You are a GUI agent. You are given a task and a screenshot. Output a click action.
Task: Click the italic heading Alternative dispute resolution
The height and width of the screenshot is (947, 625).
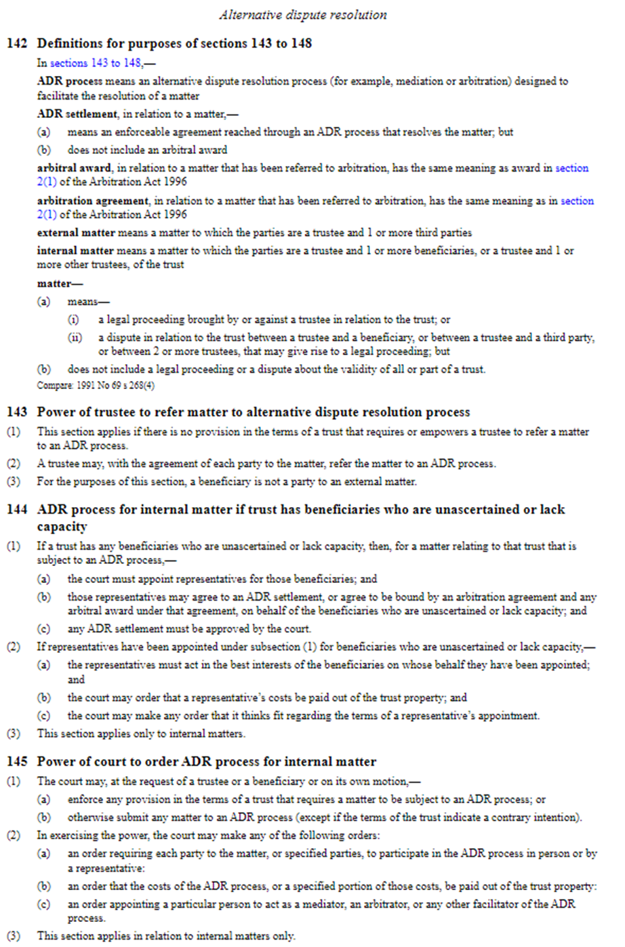click(x=303, y=14)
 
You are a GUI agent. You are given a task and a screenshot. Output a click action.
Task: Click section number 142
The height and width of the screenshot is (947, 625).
click(x=17, y=43)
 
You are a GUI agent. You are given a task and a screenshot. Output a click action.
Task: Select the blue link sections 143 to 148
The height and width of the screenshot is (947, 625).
click(x=96, y=63)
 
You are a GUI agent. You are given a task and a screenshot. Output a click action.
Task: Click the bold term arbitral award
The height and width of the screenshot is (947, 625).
click(x=74, y=168)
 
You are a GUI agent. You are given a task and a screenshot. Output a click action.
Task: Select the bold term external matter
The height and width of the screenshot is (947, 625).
click(x=75, y=233)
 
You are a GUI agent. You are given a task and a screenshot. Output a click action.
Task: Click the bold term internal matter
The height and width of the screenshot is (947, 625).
click(x=75, y=251)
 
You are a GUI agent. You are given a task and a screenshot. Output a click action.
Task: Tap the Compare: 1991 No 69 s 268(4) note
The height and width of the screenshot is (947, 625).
click(x=96, y=386)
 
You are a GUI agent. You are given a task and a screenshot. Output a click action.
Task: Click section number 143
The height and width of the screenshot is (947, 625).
click(x=17, y=412)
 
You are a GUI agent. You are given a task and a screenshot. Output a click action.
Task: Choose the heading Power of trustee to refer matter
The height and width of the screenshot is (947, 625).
click(x=253, y=412)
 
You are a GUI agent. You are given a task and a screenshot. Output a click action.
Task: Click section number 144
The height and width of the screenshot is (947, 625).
click(x=17, y=510)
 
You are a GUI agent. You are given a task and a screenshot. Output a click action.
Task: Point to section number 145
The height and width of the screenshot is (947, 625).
click(x=17, y=762)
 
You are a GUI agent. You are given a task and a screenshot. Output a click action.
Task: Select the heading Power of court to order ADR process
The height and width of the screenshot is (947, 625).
click(x=206, y=762)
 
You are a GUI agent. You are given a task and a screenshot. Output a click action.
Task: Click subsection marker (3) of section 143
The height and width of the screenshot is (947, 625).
click(x=14, y=482)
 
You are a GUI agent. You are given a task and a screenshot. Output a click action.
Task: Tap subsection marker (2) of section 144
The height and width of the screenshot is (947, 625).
click(x=14, y=647)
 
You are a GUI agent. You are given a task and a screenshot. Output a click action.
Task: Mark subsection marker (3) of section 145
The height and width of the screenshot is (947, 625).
click(x=14, y=936)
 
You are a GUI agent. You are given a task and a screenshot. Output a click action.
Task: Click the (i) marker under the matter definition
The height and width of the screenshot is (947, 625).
click(x=74, y=319)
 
